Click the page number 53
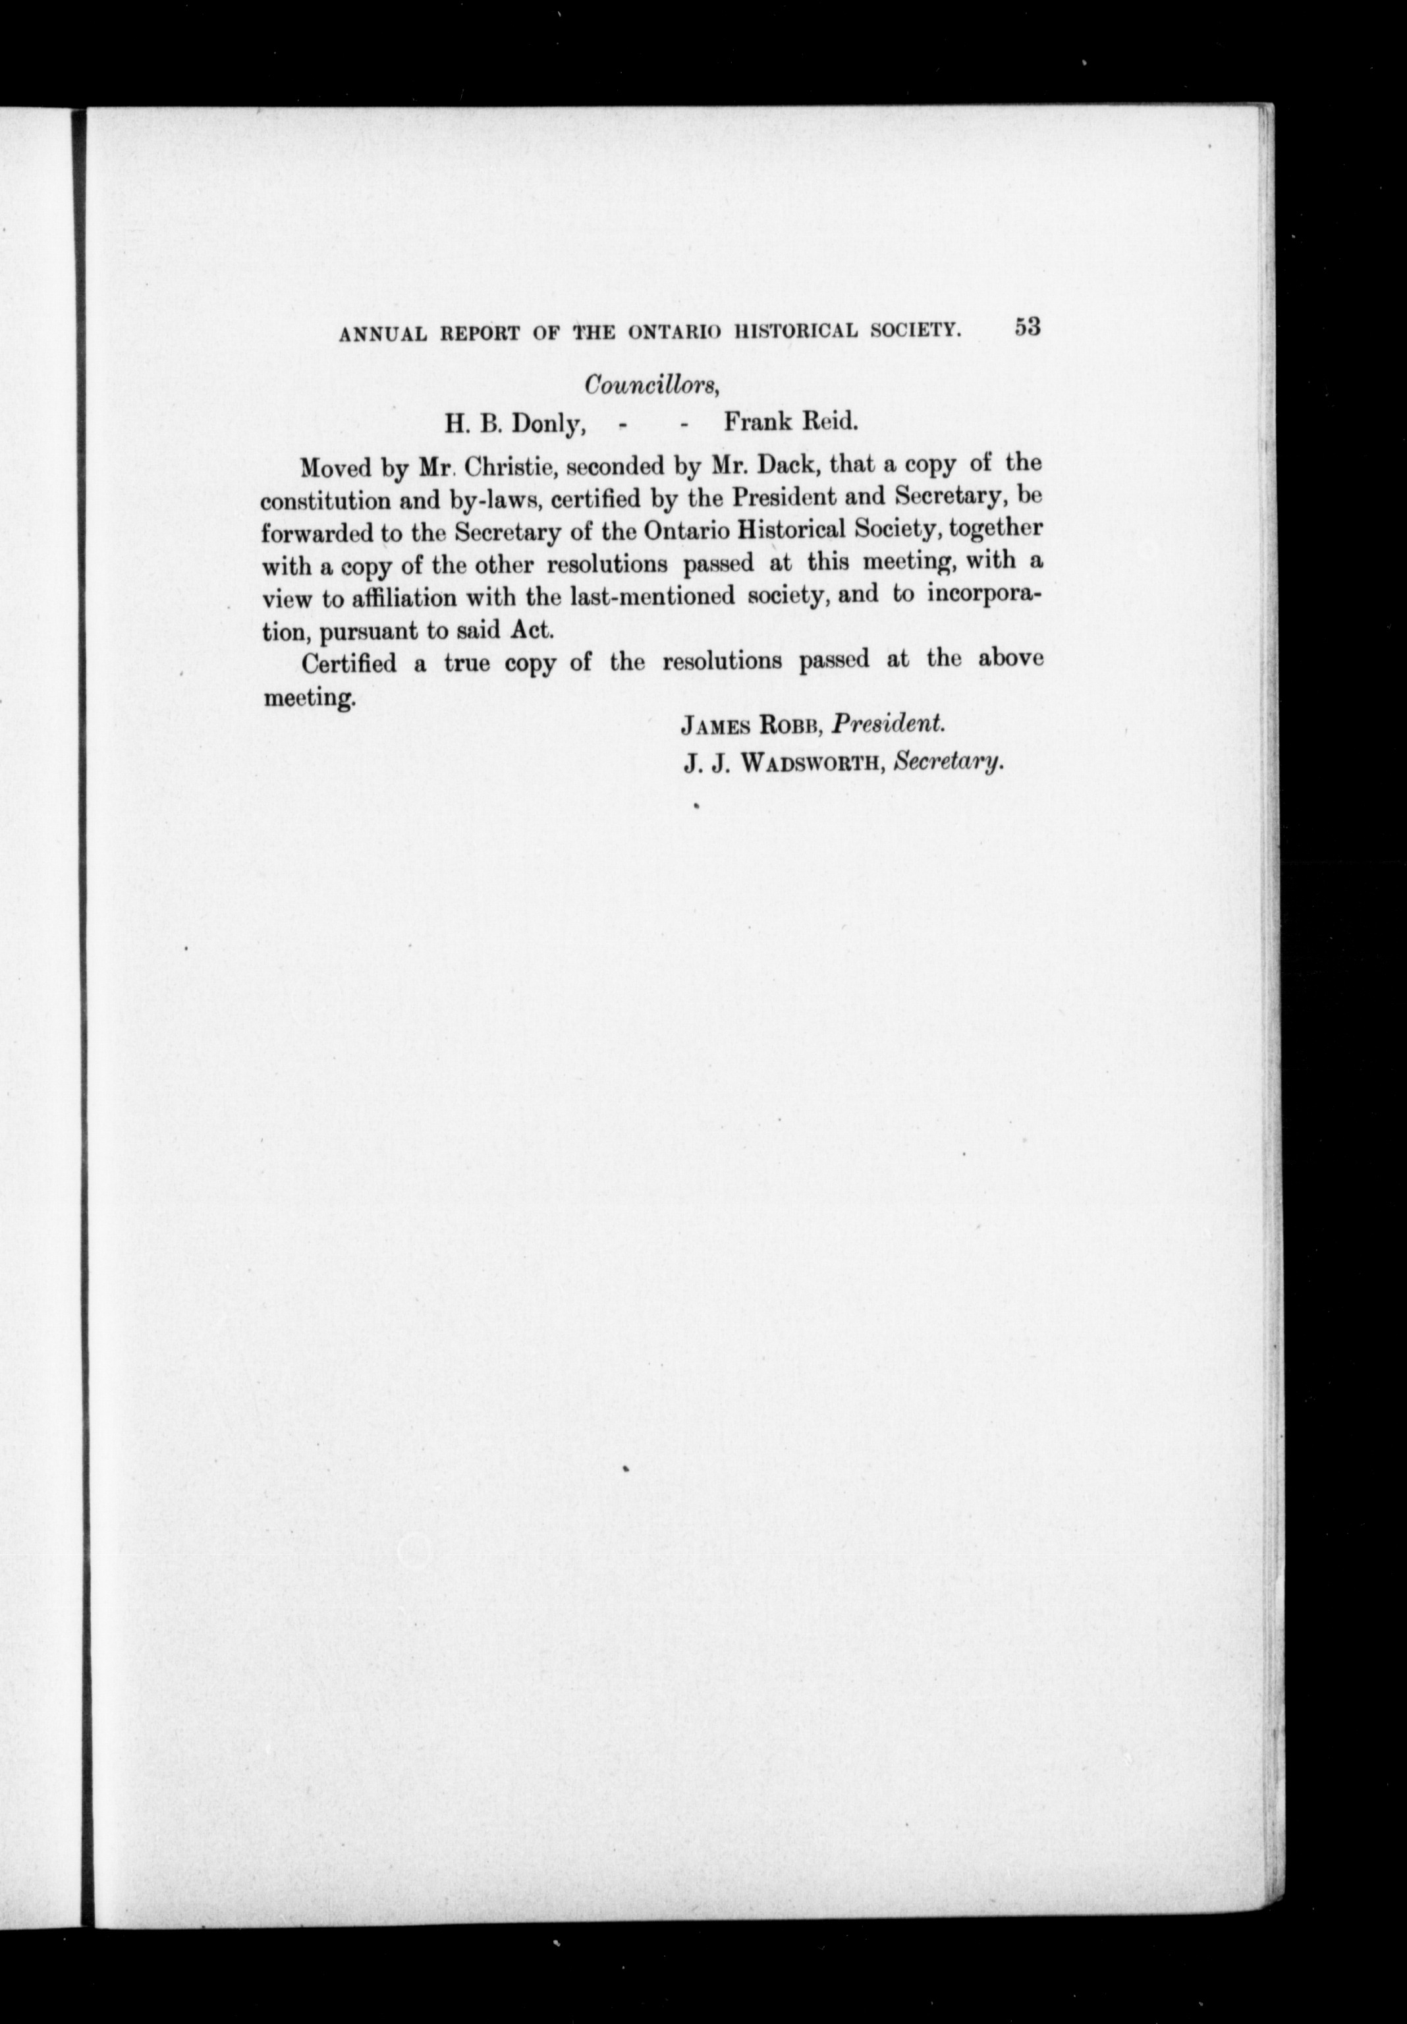tap(1027, 327)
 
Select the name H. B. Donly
tap(515, 424)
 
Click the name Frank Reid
tap(790, 422)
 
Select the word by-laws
tap(487, 500)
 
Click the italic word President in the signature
tap(888, 723)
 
